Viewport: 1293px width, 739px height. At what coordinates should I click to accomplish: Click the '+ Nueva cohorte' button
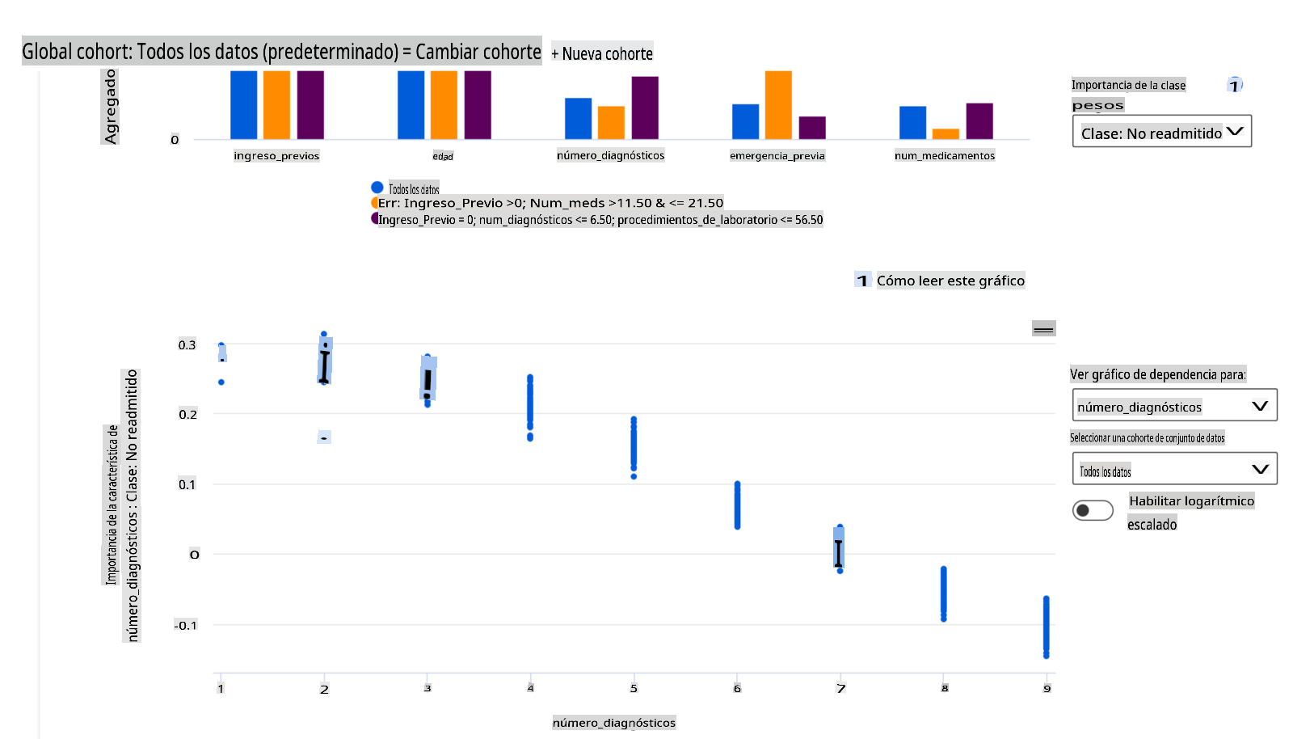[602, 53]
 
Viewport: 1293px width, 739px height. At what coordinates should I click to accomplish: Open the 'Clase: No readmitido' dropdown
[1161, 133]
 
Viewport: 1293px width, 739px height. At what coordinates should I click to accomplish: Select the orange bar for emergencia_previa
[778, 105]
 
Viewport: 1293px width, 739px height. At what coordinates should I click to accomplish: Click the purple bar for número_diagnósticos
[645, 108]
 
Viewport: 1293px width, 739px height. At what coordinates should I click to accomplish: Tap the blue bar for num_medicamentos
[912, 123]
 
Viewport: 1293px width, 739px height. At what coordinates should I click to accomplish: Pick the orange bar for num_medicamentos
[946, 134]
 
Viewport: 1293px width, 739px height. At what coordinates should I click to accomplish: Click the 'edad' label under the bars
[443, 156]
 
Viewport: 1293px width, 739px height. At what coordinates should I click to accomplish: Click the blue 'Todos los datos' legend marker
[377, 188]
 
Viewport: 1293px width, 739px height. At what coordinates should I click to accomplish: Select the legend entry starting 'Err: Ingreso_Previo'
[550, 203]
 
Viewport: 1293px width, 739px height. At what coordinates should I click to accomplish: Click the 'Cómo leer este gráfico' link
[950, 281]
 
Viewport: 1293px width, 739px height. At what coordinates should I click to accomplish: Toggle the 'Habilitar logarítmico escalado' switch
[1093, 510]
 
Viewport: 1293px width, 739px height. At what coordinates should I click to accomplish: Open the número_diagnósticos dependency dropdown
[1174, 406]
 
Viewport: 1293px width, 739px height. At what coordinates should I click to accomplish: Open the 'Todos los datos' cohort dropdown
[1174, 470]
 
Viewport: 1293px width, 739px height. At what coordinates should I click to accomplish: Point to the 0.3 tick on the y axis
[187, 345]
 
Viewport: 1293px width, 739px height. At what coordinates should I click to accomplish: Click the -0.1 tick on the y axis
[185, 625]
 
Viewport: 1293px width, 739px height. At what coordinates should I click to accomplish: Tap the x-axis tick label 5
[634, 689]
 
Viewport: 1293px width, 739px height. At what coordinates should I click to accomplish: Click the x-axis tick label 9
[1047, 689]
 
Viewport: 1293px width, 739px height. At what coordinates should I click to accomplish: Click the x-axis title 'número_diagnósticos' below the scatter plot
[614, 723]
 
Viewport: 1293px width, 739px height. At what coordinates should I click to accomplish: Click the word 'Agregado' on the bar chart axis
[111, 107]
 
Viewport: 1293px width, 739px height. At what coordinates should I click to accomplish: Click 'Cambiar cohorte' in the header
[478, 52]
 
